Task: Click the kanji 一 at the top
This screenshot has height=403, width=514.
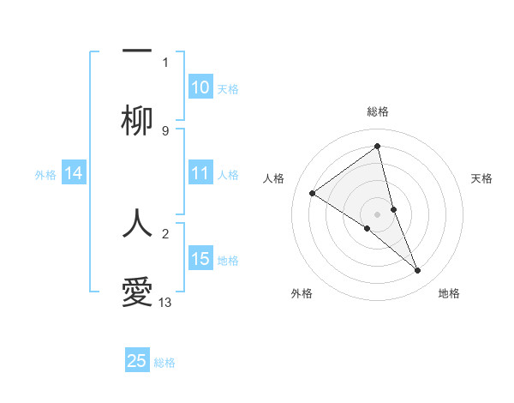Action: tap(137, 51)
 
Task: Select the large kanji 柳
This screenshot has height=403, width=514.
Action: tap(137, 123)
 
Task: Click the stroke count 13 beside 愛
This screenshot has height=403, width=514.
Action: tap(165, 303)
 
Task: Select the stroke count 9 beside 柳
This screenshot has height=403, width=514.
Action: tap(165, 131)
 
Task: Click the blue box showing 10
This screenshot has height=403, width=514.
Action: tap(200, 87)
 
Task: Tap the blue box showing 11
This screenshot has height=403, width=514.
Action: tap(200, 174)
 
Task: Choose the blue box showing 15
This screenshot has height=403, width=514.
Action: tap(200, 260)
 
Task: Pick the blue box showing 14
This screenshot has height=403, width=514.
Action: tap(74, 174)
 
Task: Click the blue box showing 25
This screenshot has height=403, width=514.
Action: tap(137, 361)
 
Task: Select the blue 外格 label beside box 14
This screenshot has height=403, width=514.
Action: tap(45, 175)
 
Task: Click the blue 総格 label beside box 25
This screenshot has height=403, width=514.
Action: tap(164, 363)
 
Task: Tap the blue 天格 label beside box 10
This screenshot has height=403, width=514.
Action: tap(228, 89)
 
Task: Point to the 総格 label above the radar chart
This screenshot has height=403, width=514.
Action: tap(377, 111)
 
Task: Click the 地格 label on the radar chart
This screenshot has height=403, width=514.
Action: tap(449, 293)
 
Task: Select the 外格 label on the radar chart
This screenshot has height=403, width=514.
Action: tap(302, 293)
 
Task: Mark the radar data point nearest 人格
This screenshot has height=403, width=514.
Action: tap(312, 194)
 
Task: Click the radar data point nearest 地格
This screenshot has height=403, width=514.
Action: tap(418, 271)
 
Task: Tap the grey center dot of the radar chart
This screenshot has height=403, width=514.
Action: tap(377, 214)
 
